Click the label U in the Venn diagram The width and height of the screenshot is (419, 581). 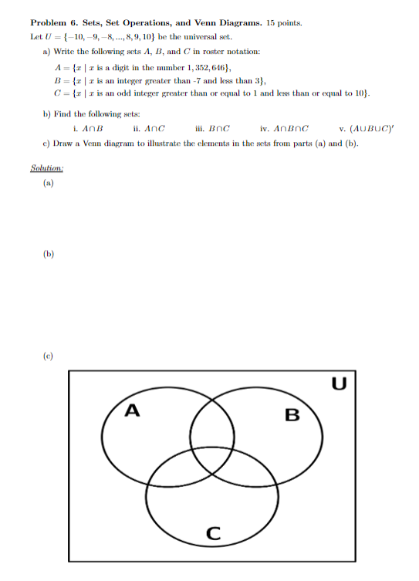(338, 383)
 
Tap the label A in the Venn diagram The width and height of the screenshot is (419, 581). (132, 411)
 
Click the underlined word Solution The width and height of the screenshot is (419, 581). (46, 168)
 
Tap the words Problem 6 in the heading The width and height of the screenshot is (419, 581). (52, 23)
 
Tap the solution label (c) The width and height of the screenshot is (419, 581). (49, 356)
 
